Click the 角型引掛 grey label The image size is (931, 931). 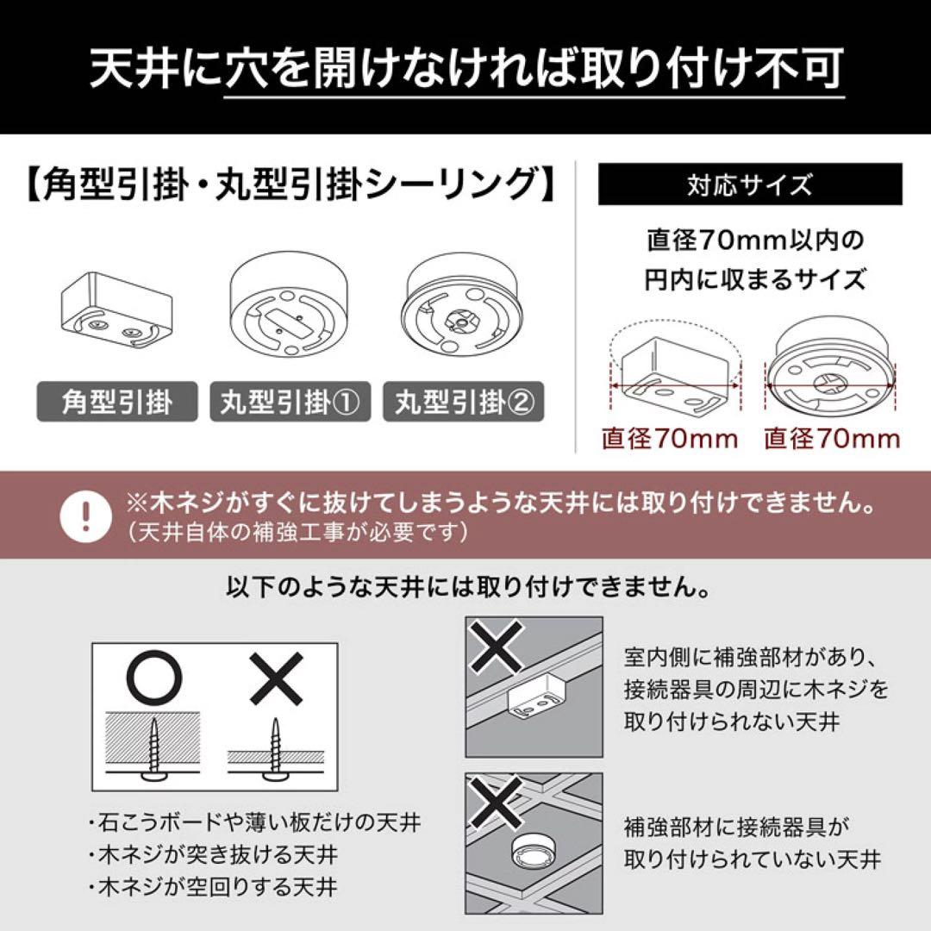117,403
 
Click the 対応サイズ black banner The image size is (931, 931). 749,185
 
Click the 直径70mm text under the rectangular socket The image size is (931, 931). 670,439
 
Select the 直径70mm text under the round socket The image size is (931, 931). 832,439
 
